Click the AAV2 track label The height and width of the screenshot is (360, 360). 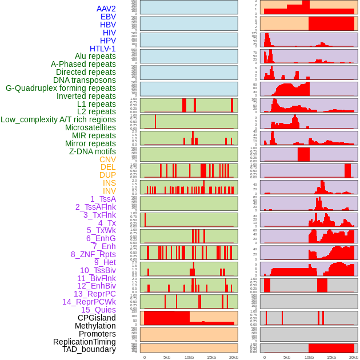click(106, 9)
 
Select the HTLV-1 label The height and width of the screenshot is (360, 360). click(102, 49)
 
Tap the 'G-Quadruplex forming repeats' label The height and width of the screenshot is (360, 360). click(61, 88)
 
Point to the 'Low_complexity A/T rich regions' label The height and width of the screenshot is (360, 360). click(58, 119)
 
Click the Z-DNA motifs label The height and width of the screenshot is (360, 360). click(92, 151)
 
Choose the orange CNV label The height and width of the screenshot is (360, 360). click(107, 159)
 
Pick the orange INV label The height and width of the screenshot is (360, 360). click(109, 191)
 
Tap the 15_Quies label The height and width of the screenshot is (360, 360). click(98, 310)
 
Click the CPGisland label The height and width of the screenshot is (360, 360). click(97, 318)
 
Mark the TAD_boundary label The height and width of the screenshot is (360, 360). click(89, 349)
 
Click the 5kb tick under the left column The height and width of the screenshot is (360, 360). click(166, 357)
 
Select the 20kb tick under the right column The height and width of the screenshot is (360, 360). click(354, 357)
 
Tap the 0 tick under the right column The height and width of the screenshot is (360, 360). click(264, 357)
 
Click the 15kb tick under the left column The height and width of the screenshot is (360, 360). click(211, 357)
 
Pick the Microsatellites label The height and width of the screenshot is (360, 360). click(90, 127)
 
